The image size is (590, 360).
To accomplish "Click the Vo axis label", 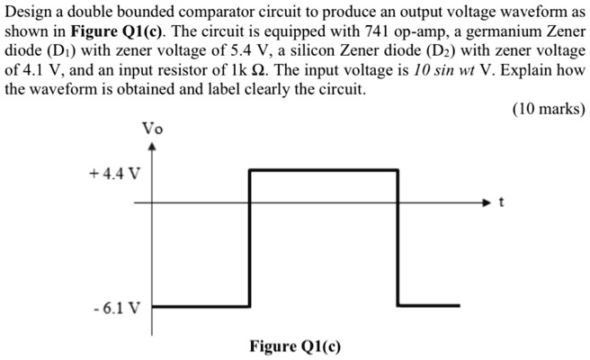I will click(152, 128).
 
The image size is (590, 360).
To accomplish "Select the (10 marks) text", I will click(548, 109).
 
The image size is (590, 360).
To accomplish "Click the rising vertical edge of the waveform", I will click(249, 238).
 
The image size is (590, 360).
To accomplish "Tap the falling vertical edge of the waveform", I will click(398, 238).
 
